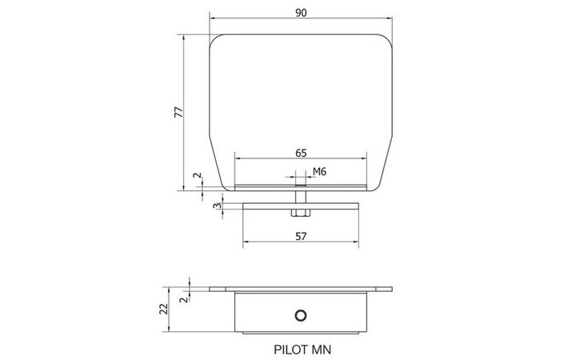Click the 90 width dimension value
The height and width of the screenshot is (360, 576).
pyautogui.click(x=301, y=13)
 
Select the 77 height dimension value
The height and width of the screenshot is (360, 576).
pyautogui.click(x=178, y=112)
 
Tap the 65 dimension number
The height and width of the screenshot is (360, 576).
pyautogui.click(x=301, y=153)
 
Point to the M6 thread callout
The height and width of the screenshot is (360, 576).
pyautogui.click(x=319, y=171)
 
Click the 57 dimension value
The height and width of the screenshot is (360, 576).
pyautogui.click(x=301, y=237)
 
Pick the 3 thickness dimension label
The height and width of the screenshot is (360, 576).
pyautogui.click(x=218, y=206)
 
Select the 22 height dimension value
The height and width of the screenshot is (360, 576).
pyautogui.click(x=163, y=309)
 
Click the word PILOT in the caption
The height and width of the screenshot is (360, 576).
pyautogui.click(x=287, y=350)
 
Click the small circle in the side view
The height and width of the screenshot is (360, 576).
pyautogui.click(x=301, y=315)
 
